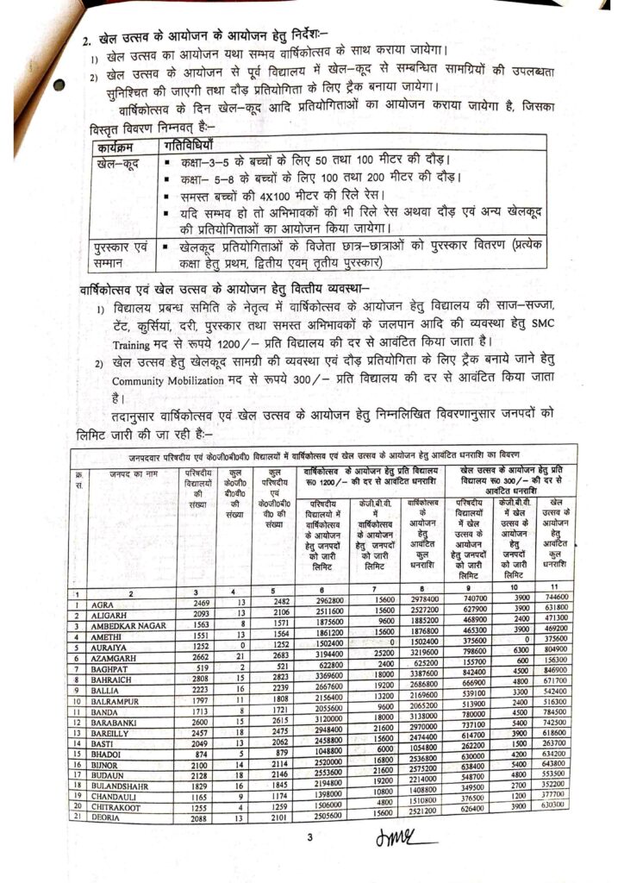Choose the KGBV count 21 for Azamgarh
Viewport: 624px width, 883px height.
click(232, 654)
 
